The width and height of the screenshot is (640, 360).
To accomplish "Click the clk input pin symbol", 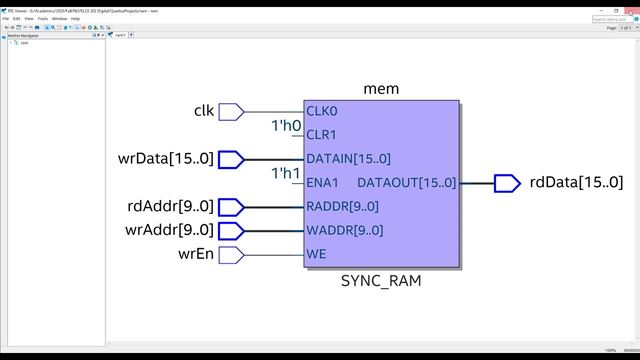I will [x=231, y=112].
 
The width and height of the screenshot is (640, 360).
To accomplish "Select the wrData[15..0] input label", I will [x=165, y=159].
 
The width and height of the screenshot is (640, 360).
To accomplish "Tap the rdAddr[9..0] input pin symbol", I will [x=231, y=207].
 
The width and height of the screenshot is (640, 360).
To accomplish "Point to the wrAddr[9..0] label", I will [x=169, y=230].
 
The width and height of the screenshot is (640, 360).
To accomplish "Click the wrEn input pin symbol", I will [x=231, y=255].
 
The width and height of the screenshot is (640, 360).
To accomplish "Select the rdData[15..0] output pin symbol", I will [x=506, y=183].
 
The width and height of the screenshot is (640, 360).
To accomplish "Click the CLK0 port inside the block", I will [x=321, y=111].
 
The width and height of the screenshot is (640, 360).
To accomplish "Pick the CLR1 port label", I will [x=321, y=135].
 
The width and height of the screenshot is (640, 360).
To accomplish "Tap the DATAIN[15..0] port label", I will [x=348, y=159].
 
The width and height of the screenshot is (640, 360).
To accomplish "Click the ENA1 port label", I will [x=322, y=183].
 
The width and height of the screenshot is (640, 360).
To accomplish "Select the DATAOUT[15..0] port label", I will [x=406, y=183].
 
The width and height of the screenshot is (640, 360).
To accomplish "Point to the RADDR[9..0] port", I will [x=342, y=206].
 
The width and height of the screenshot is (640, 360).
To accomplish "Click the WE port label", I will [x=316, y=254].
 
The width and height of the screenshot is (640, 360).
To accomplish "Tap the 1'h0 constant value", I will [x=286, y=126].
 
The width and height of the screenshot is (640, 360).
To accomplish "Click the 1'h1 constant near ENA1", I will [x=286, y=173].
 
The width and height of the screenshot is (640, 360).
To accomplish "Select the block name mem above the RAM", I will [x=381, y=89].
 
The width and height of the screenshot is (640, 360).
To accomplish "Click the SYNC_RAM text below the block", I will [x=381, y=281].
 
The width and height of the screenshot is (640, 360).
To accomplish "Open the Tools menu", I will [x=42, y=18].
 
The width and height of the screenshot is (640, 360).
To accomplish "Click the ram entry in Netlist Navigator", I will [x=24, y=43].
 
